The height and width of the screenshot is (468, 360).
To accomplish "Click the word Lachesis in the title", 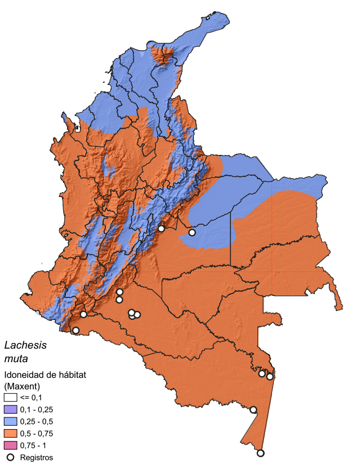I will click(25, 345).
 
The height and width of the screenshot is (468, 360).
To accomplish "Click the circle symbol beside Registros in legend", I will click(10, 457).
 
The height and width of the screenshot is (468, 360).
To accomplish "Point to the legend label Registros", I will click(36, 457).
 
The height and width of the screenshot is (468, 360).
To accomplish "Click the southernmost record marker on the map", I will click(260, 453).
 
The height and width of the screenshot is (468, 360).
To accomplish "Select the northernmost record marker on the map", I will click(161, 228).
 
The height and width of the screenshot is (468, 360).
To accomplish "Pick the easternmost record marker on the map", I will click(270, 377).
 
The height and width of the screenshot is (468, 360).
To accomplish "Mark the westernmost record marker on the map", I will click(76, 330).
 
